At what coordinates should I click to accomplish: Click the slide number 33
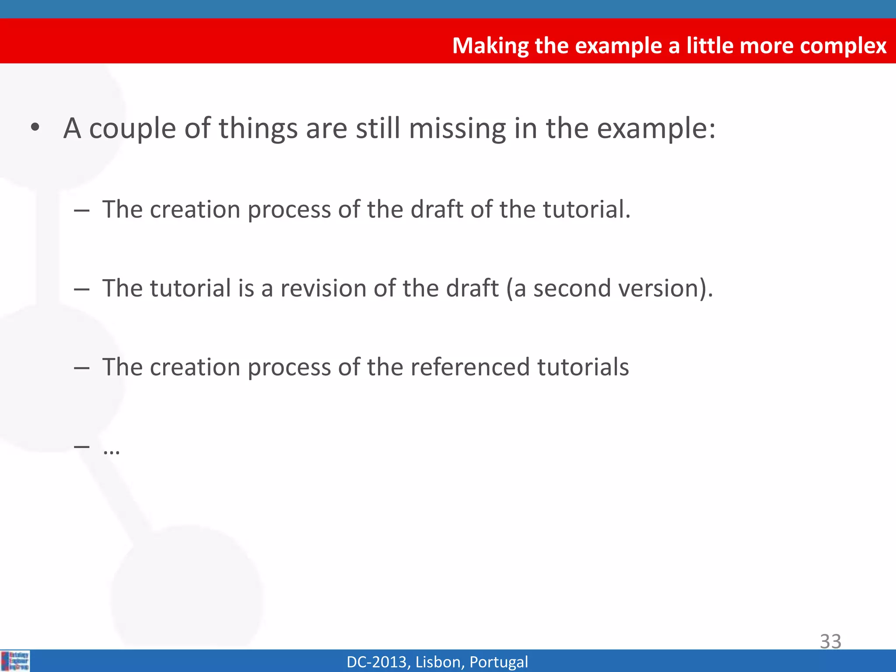click(x=830, y=641)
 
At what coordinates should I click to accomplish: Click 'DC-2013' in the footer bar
click(x=378, y=662)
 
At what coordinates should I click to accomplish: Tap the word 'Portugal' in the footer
click(x=498, y=662)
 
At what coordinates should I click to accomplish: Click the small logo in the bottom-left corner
click(x=15, y=661)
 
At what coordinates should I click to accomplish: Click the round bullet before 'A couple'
click(x=35, y=128)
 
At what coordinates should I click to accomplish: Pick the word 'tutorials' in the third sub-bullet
click(x=583, y=367)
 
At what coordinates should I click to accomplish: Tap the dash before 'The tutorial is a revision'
click(x=82, y=289)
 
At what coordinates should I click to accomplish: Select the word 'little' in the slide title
click(x=709, y=45)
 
